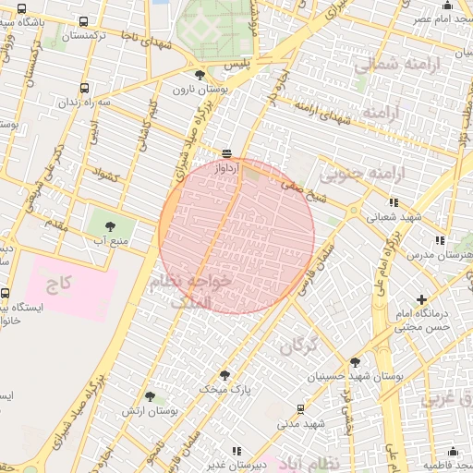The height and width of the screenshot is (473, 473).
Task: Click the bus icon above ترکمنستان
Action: [85, 21]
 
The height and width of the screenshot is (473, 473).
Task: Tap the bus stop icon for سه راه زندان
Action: [85, 88]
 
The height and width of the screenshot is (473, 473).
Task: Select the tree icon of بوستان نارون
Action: [200, 75]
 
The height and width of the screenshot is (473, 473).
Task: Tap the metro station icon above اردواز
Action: [226, 153]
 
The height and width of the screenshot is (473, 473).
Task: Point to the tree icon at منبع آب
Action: [110, 224]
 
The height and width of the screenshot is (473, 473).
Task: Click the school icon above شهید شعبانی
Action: [394, 202]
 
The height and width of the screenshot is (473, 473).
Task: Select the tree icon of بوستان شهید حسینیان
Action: [355, 362]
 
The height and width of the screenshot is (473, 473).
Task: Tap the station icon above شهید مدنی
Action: [300, 407]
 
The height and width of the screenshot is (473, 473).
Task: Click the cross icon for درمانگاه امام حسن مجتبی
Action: [421, 299]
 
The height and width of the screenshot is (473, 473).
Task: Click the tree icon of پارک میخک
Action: [224, 375]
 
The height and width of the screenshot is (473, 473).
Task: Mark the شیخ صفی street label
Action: [330, 194]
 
